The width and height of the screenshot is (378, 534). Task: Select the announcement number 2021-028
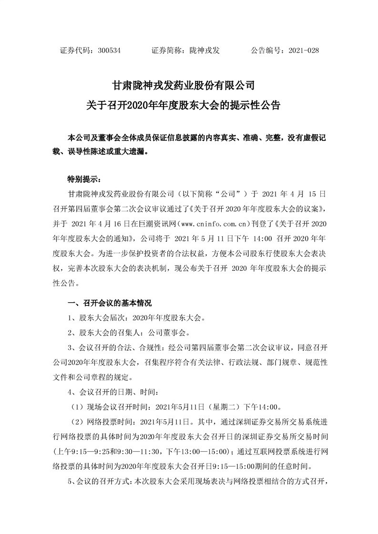(304, 50)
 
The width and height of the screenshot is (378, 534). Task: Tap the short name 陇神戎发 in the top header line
(204, 50)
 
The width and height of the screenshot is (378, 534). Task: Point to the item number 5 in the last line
(71, 482)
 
